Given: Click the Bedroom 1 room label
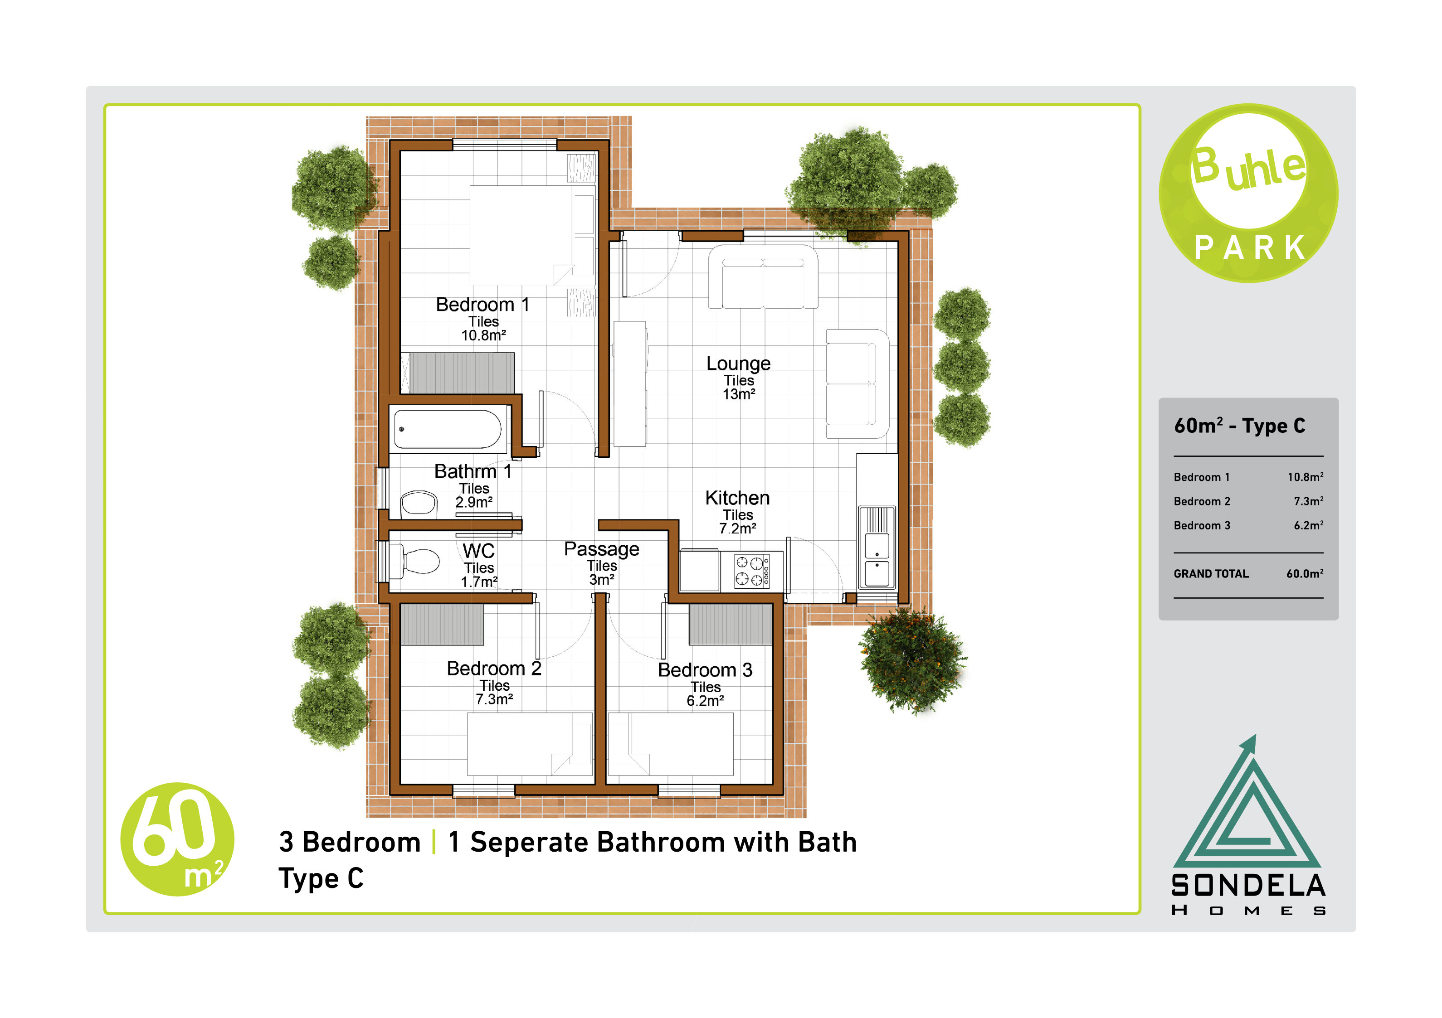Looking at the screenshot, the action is (x=482, y=305).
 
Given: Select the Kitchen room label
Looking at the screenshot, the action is (x=737, y=498).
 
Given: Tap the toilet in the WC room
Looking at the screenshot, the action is (x=414, y=561).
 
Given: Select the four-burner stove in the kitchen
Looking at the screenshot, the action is (x=752, y=571).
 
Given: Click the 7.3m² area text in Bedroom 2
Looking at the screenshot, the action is (x=494, y=699).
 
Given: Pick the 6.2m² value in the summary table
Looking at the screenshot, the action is (x=1308, y=525).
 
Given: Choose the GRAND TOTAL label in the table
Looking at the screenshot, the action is (x=1211, y=574).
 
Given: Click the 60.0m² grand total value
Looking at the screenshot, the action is (x=1305, y=574).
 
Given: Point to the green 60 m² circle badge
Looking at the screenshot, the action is (x=177, y=839).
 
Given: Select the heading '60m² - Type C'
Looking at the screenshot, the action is (x=1239, y=426).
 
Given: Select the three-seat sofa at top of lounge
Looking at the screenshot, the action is (x=763, y=277).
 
